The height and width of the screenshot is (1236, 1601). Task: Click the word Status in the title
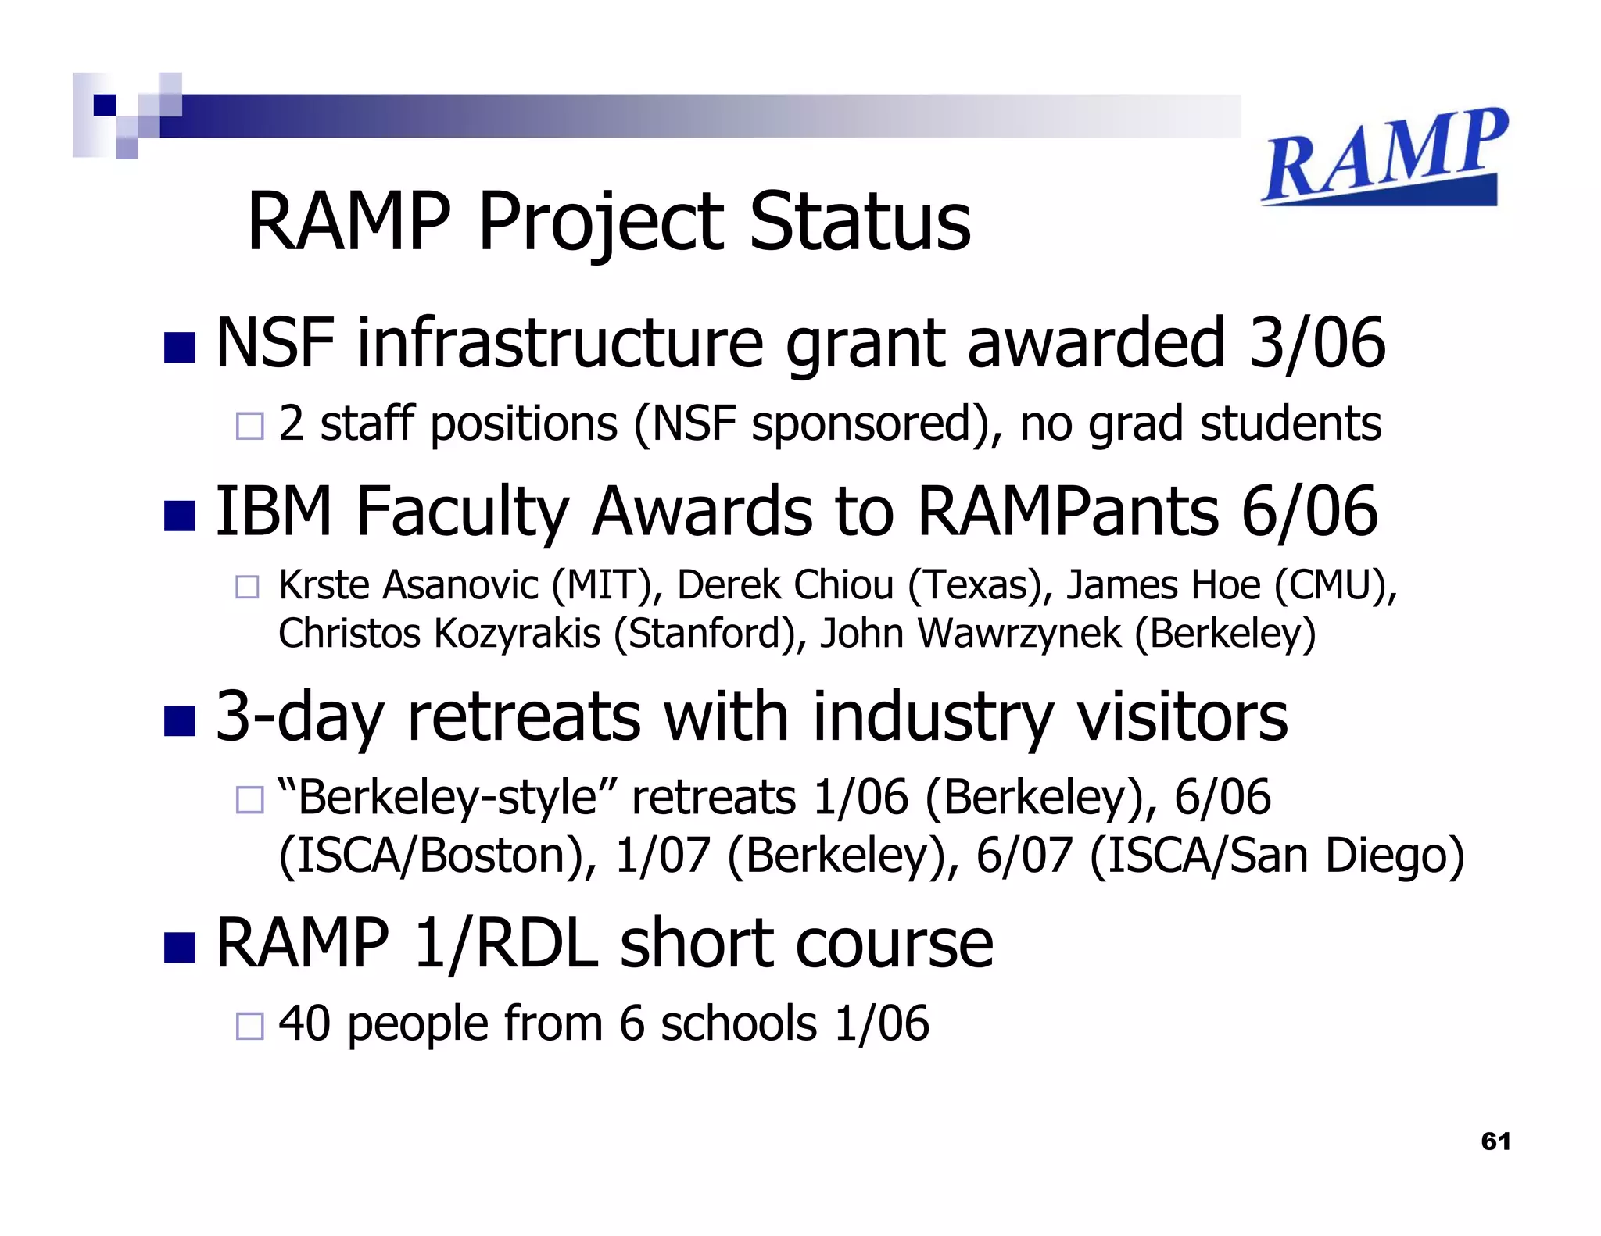(x=860, y=222)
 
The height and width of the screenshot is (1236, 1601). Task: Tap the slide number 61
(x=1495, y=1141)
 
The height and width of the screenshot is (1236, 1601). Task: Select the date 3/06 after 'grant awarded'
(x=1316, y=344)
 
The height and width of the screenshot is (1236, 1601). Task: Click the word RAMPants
(x=1068, y=512)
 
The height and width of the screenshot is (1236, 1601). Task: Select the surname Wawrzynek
(x=1020, y=633)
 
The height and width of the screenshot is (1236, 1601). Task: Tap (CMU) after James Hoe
(x=1335, y=585)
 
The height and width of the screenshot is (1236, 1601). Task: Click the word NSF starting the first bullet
(x=275, y=344)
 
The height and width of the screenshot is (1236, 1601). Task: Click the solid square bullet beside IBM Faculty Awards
(x=179, y=516)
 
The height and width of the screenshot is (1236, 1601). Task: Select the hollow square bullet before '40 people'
(x=249, y=1025)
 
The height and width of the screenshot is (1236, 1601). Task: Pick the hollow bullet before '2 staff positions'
(x=249, y=426)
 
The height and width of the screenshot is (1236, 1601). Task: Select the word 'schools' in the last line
(x=739, y=1023)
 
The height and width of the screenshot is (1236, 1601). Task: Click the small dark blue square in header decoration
(x=105, y=105)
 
